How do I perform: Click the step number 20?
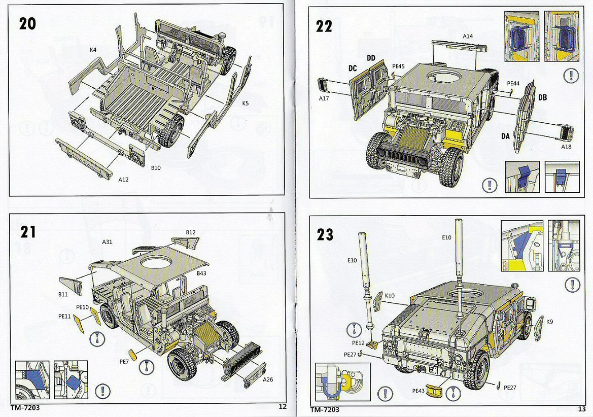[x=27, y=24]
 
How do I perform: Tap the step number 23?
[x=325, y=234]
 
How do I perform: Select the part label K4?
[x=93, y=50]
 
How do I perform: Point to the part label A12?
[x=123, y=180]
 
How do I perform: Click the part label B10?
[x=156, y=168]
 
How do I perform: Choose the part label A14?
[x=467, y=36]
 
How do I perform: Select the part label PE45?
[x=398, y=66]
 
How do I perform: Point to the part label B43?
[x=202, y=273]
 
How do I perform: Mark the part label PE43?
[x=418, y=391]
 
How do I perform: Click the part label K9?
[x=549, y=321]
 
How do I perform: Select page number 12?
[x=283, y=406]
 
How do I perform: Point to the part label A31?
[x=107, y=242]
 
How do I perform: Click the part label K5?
[x=246, y=103]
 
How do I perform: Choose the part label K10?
[x=390, y=295]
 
